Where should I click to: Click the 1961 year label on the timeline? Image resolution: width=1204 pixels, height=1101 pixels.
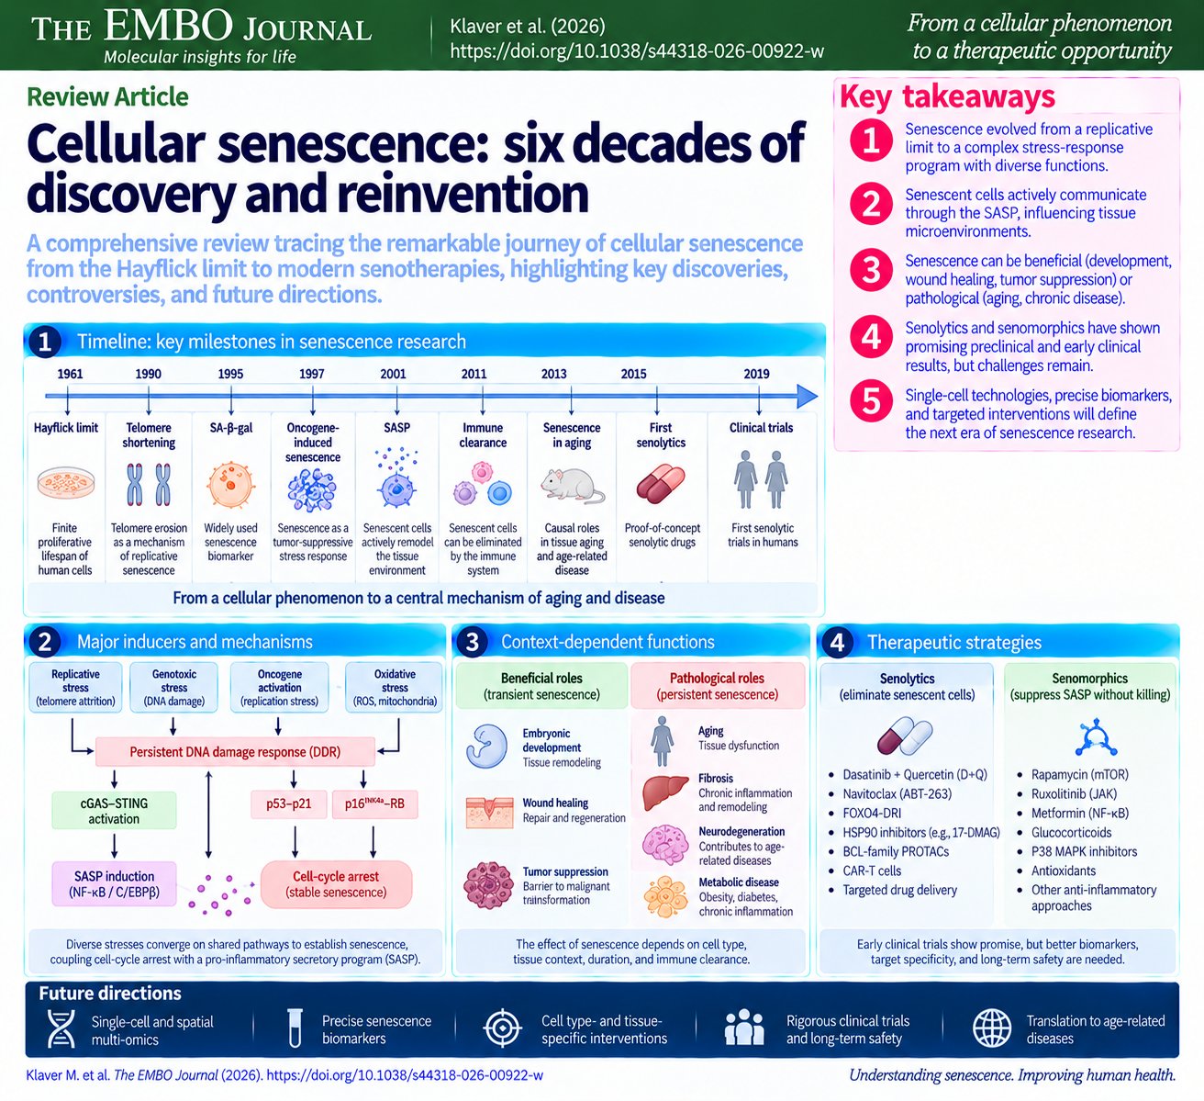(70, 374)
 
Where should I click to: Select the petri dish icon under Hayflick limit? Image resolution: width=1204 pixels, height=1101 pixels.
(65, 482)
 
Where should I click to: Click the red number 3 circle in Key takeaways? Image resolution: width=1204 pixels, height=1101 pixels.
(871, 270)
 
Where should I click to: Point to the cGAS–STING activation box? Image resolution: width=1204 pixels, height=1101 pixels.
(114, 811)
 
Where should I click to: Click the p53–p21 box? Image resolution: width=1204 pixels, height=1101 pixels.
(289, 803)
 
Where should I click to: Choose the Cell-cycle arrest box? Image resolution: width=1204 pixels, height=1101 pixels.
(336, 884)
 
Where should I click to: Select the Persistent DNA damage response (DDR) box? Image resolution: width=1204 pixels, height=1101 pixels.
(235, 751)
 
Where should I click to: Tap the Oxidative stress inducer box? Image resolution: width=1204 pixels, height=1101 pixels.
(395, 687)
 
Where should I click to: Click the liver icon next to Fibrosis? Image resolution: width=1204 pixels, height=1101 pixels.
(665, 792)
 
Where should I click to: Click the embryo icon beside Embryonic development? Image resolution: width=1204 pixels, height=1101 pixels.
(487, 747)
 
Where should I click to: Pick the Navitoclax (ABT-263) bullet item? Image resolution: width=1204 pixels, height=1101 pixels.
(890, 793)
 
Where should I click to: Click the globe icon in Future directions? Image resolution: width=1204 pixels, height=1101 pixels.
(991, 1028)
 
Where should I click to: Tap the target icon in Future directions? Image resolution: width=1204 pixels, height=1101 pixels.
(502, 1028)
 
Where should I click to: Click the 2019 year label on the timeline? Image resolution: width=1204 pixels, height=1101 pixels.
(756, 374)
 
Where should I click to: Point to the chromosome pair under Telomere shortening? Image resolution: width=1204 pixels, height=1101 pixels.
(149, 484)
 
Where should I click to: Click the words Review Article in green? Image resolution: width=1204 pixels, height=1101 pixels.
(107, 96)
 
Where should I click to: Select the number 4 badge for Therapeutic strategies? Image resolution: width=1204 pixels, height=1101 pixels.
(837, 642)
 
